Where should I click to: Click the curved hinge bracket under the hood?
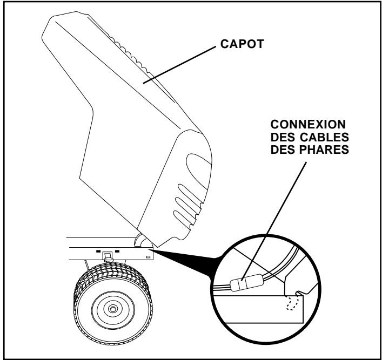[141, 240]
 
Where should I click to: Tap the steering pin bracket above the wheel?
[106, 256]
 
